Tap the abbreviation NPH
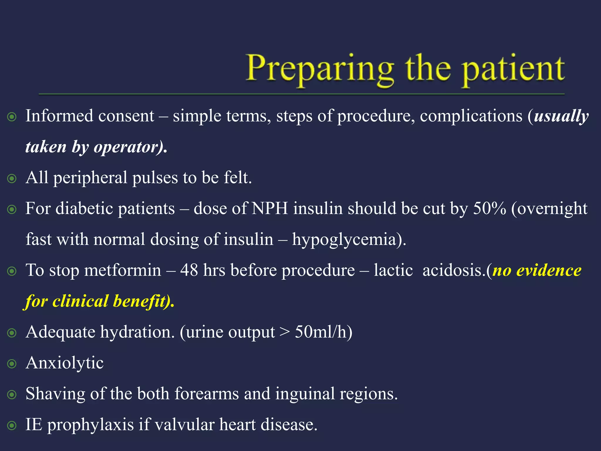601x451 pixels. click(x=270, y=209)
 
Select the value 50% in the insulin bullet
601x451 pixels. click(x=489, y=209)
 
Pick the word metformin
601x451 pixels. click(x=123, y=270)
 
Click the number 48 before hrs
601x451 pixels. click(x=189, y=270)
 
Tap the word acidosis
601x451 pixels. click(x=453, y=270)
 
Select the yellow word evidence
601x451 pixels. click(x=548, y=270)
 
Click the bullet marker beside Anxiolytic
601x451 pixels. click(x=12, y=364)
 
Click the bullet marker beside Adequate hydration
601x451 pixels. click(x=12, y=333)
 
